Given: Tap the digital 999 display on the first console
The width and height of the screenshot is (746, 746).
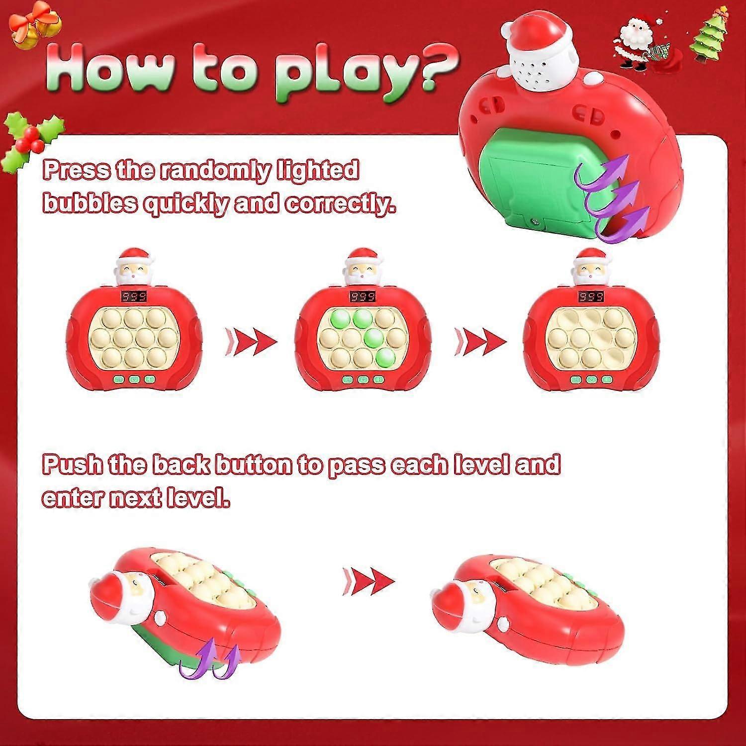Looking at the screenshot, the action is click(x=134, y=297).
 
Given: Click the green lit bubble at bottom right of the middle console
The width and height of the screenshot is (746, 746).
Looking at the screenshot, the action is click(x=384, y=357).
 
